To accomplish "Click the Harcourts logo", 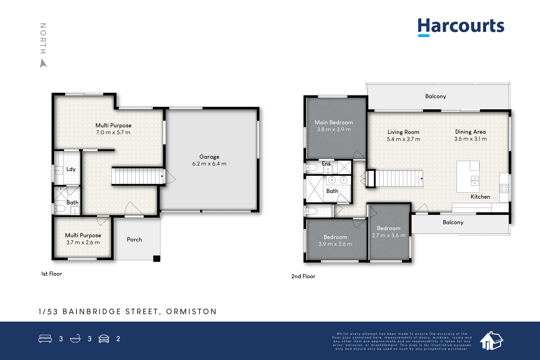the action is click(461, 27).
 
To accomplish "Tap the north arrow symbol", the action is click(43, 63).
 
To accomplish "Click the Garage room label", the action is click(209, 157).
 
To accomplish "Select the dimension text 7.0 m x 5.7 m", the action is click(113, 132).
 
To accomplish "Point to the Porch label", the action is click(134, 240).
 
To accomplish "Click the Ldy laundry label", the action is click(71, 169).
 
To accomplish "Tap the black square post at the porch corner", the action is click(157, 258).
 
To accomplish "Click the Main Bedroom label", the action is click(334, 122).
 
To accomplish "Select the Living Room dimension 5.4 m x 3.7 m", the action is click(403, 139).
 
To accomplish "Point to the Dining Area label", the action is click(470, 132).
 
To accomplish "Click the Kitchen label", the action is click(480, 197).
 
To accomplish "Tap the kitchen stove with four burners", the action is click(504, 188).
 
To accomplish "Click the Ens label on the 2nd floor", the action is click(326, 164).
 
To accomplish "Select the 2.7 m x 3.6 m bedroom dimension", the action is click(388, 236).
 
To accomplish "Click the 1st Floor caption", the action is click(52, 274).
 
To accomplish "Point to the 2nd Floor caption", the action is click(303, 276).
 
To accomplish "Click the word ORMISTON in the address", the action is click(191, 311).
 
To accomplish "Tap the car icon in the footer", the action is click(104, 339).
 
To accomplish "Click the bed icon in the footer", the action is click(45, 338).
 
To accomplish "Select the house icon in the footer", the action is click(491, 341).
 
